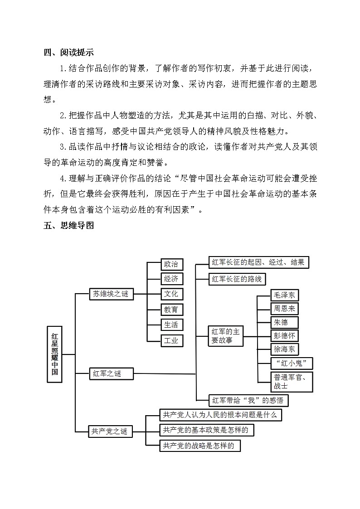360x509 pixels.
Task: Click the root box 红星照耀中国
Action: tap(54, 354)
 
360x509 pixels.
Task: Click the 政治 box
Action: tap(172, 264)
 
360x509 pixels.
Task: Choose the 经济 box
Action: tap(172, 278)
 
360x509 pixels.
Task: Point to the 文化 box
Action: tap(172, 294)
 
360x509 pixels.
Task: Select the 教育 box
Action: tap(172, 310)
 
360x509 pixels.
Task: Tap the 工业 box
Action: tap(172, 340)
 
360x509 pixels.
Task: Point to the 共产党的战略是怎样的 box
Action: tap(199, 446)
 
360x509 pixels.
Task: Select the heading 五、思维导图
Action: tap(69, 225)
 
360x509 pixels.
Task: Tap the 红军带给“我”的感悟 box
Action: tap(248, 400)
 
